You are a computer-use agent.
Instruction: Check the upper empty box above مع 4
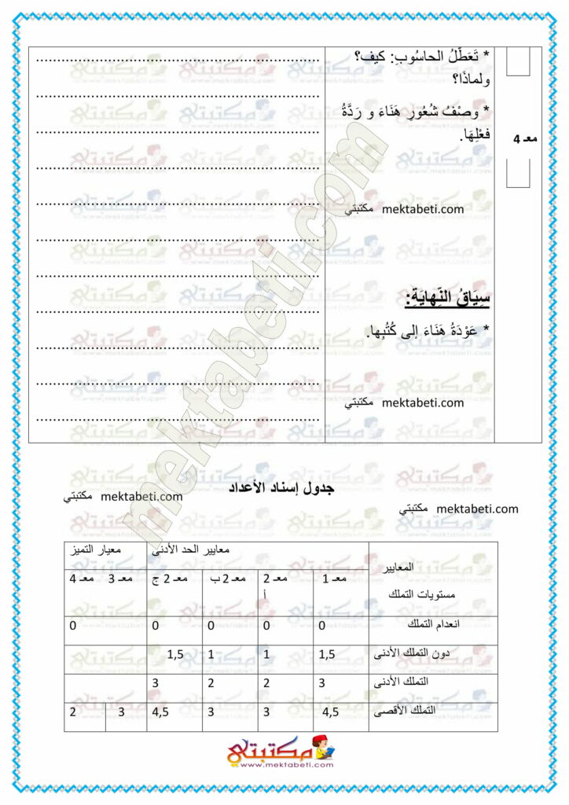[x=518, y=62]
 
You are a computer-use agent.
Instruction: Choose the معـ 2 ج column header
[x=167, y=580]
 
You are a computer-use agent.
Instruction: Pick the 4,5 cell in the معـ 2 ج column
[x=162, y=713]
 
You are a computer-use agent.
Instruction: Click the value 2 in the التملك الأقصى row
[x=72, y=713]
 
